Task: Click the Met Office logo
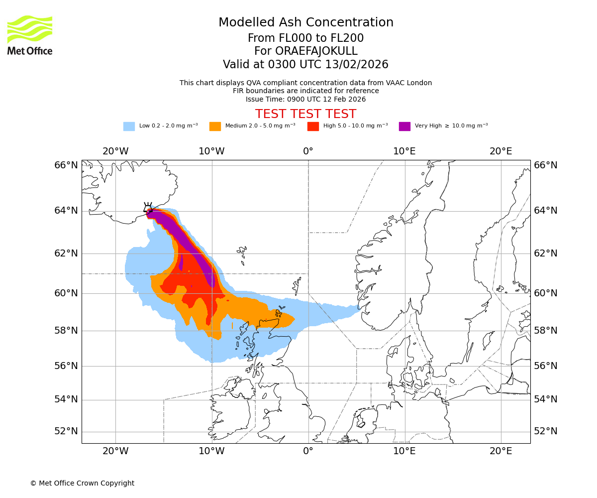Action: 30,35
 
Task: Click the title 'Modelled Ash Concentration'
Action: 306,22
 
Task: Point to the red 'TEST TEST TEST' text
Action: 305,114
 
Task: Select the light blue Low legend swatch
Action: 129,126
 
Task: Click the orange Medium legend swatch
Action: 215,126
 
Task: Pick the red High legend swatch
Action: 313,126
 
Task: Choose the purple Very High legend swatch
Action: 404,126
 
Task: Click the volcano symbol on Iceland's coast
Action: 148,208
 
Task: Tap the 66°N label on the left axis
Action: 66,165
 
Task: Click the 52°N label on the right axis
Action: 546,431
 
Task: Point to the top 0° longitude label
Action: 308,151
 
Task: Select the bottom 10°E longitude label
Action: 404,452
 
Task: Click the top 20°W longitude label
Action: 115,151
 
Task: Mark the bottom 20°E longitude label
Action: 500,452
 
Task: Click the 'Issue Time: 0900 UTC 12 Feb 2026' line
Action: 305,99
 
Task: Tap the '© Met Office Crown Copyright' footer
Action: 82,483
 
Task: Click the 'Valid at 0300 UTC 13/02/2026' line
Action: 305,64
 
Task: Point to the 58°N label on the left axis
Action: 66,331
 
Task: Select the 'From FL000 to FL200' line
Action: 305,38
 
